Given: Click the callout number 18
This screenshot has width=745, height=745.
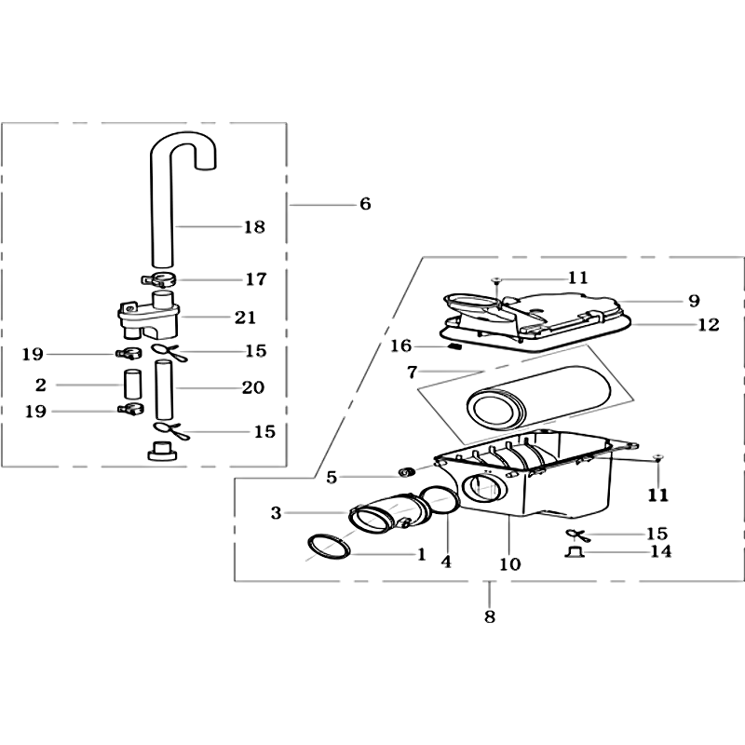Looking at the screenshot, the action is [x=254, y=227].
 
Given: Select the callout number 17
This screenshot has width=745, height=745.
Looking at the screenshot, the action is [x=255, y=279].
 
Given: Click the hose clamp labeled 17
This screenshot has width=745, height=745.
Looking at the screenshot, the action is [x=158, y=280].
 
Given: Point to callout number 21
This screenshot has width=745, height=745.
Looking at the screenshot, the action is [x=245, y=318].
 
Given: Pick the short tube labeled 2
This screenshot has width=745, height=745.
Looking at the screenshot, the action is [x=133, y=385].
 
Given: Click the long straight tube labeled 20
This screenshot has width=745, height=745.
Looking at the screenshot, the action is [x=164, y=389].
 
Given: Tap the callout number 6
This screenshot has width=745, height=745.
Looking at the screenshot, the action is [x=365, y=204].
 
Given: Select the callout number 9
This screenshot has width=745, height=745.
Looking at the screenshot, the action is [x=694, y=301].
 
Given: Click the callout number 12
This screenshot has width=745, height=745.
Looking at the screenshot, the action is [x=709, y=325].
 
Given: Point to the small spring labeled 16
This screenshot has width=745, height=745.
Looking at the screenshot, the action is [x=454, y=346].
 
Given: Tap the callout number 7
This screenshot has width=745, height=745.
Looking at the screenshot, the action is [x=412, y=372].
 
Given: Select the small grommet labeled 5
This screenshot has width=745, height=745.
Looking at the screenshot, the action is [x=406, y=473].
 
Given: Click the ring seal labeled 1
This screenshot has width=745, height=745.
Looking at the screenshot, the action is [x=330, y=547].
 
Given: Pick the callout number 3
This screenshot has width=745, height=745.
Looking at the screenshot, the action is [x=276, y=513].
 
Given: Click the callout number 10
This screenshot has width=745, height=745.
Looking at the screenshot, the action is [x=509, y=564].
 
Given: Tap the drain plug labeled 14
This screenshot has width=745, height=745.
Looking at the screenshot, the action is [x=575, y=552].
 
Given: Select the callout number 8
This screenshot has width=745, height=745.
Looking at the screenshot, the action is [x=490, y=616].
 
